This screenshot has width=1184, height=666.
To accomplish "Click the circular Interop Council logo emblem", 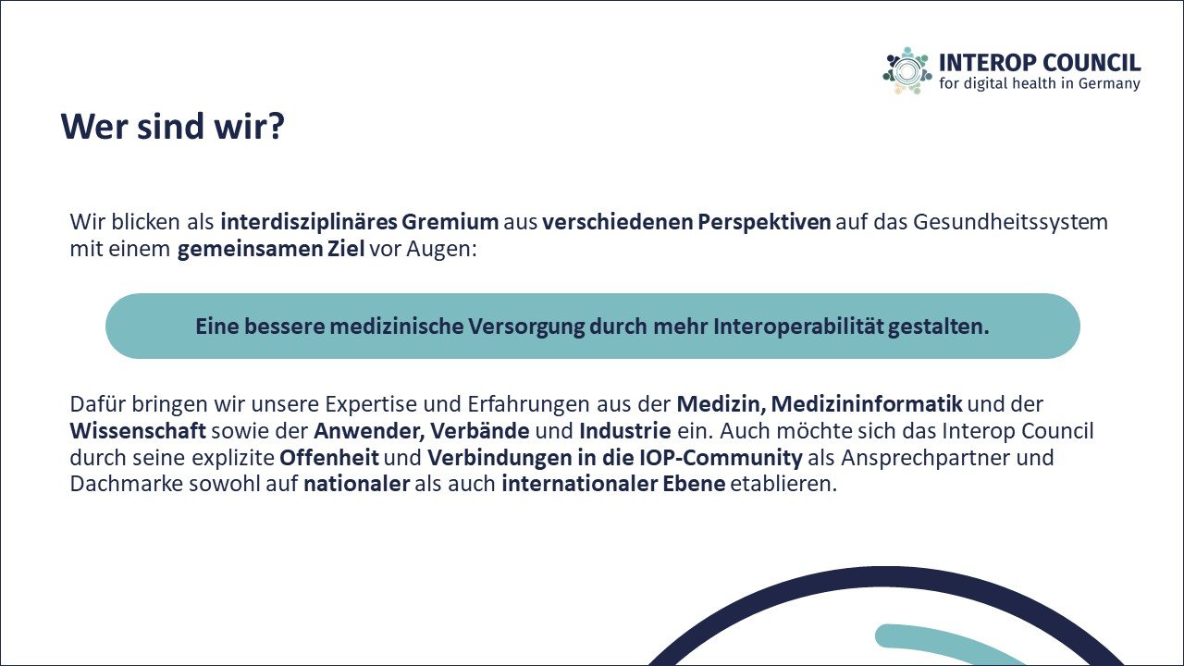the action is [907, 71].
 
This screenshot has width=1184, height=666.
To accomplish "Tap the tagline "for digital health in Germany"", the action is [1039, 83].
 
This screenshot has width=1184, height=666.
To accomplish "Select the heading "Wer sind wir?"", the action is [173, 127].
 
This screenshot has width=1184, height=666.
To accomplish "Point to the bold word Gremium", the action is [450, 222].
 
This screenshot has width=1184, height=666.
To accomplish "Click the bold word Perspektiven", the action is [764, 223].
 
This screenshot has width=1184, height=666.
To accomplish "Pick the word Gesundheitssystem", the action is [1010, 223].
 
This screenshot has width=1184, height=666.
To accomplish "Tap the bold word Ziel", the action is [346, 249].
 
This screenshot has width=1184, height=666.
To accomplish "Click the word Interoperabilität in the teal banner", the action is [798, 327].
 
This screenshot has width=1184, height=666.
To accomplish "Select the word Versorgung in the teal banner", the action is [526, 327].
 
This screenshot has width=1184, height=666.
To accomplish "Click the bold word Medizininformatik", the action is [867, 404].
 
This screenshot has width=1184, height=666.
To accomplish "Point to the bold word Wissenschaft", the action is [138, 431].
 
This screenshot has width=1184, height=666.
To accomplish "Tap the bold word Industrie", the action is [624, 431].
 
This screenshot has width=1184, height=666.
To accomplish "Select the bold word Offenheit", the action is [328, 458].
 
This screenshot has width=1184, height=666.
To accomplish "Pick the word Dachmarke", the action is [127, 484].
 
